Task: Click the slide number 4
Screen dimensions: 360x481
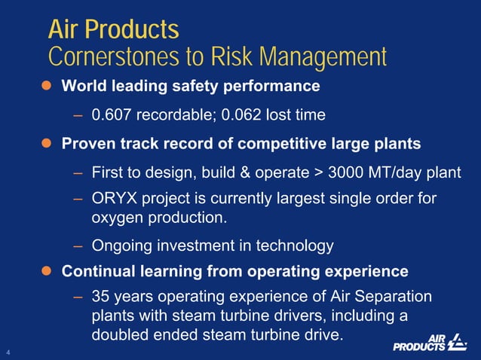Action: pyautogui.click(x=8, y=352)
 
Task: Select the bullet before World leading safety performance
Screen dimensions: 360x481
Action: pyautogui.click(x=45, y=86)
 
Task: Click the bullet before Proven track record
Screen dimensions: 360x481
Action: pyautogui.click(x=45, y=143)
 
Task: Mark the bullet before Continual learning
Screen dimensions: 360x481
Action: pyautogui.click(x=45, y=270)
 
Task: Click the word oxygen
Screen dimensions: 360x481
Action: pyautogui.click(x=116, y=218)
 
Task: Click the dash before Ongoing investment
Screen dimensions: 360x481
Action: pyautogui.click(x=78, y=245)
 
